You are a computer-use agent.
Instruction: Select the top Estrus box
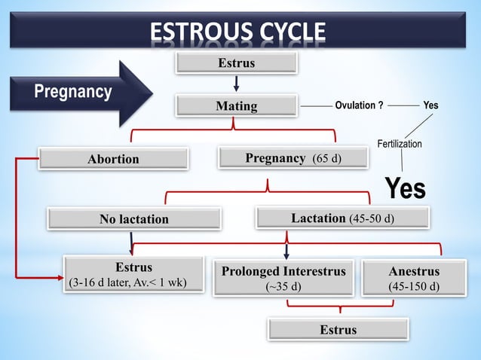[x=236, y=63]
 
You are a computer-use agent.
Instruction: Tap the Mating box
[x=236, y=106]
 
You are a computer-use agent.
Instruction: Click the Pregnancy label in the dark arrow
[x=74, y=93]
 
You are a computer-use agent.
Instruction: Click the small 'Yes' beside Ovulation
[x=430, y=105]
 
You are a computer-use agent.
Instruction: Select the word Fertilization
[x=400, y=144]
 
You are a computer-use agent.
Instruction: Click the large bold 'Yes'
[x=406, y=188]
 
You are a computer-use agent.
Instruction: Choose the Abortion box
[x=113, y=159]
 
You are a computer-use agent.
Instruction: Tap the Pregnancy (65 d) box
[x=293, y=158]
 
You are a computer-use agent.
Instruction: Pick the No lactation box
[x=134, y=219]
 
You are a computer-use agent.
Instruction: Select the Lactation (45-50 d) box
[x=342, y=218]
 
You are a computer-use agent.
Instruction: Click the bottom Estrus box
[x=338, y=330]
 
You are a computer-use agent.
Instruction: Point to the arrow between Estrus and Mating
[x=236, y=83]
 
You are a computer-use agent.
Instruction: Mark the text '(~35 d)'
[x=283, y=287]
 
